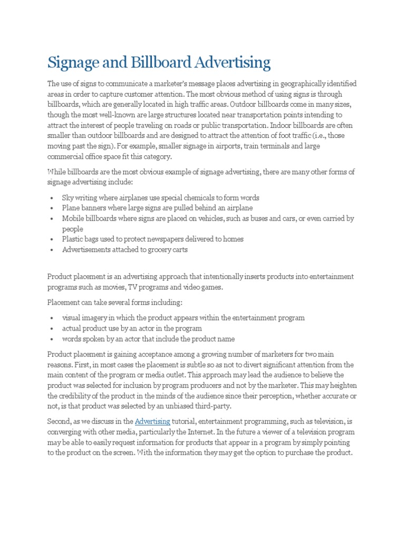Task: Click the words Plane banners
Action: point(85,208)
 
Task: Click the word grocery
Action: point(153,249)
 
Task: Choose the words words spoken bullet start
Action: point(84,338)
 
